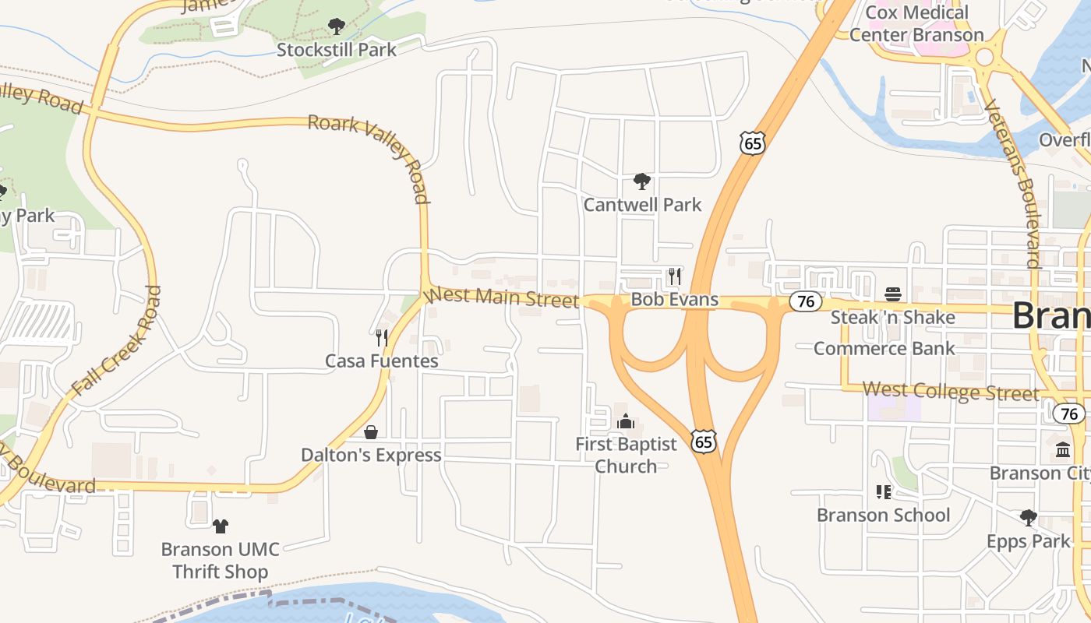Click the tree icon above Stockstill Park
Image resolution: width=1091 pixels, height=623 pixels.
click(x=336, y=27)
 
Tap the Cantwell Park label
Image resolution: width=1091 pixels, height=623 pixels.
click(x=642, y=205)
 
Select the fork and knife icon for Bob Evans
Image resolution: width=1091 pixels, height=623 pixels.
click(x=675, y=276)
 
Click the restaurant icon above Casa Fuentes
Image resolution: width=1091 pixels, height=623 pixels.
click(x=382, y=337)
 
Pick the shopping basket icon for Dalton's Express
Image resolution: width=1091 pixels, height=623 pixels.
click(x=371, y=432)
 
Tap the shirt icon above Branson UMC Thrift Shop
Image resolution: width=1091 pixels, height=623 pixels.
click(x=221, y=526)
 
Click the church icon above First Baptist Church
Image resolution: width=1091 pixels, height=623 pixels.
click(x=626, y=422)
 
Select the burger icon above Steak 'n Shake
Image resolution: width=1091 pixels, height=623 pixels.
click(x=893, y=294)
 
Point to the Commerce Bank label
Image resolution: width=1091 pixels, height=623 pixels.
click(x=884, y=348)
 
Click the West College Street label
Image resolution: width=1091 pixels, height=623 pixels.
click(x=950, y=390)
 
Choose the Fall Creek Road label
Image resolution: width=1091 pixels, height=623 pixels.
click(x=117, y=340)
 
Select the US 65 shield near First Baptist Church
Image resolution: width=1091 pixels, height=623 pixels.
click(x=703, y=442)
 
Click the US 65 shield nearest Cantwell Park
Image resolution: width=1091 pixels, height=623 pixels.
click(x=753, y=143)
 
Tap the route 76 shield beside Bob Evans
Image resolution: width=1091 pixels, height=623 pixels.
click(x=805, y=301)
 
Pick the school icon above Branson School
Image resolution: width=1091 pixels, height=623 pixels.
click(x=883, y=492)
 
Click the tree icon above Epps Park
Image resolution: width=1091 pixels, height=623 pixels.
click(x=1029, y=518)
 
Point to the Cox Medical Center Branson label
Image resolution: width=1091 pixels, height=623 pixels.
click(x=916, y=23)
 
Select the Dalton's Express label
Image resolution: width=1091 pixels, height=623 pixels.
click(x=371, y=455)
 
